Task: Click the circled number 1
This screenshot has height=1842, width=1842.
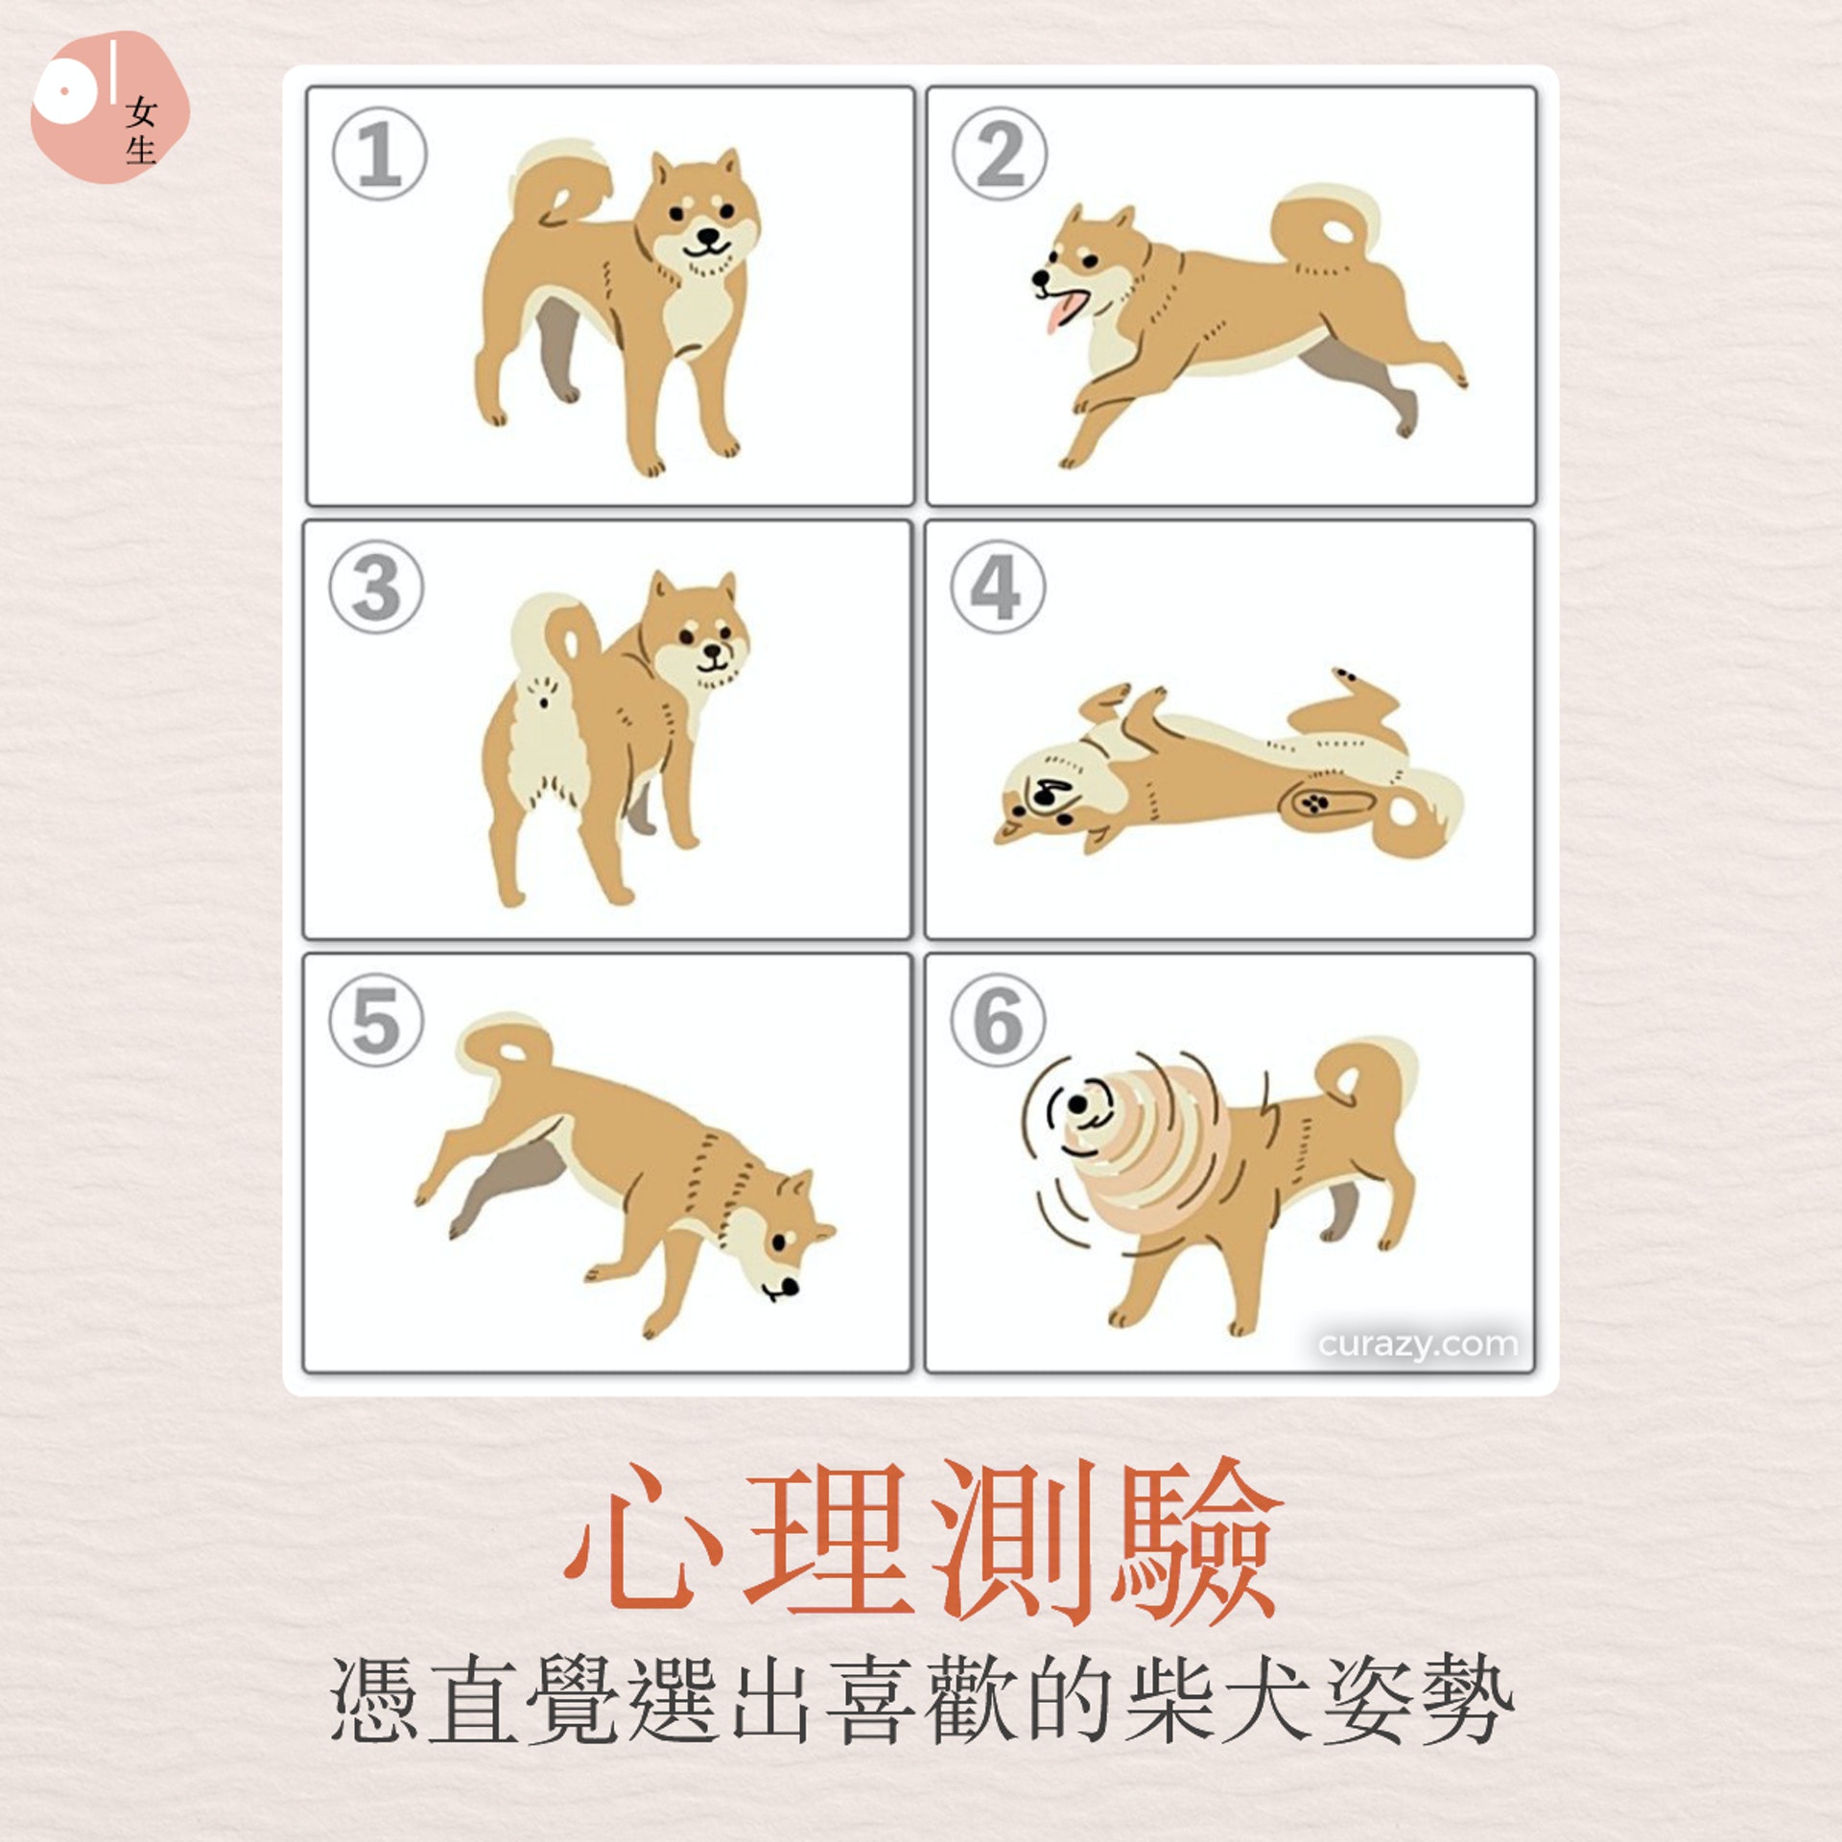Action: pyautogui.click(x=379, y=153)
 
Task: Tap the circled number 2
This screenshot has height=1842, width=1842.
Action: pyautogui.click(x=1000, y=153)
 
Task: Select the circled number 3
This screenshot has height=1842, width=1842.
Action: pyautogui.click(x=376, y=586)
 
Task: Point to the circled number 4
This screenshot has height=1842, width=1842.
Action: pyautogui.click(x=998, y=586)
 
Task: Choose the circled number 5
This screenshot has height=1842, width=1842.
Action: pyautogui.click(x=376, y=1020)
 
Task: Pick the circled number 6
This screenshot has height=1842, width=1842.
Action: pyautogui.click(x=998, y=1020)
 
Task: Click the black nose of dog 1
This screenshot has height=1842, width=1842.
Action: pyautogui.click(x=708, y=236)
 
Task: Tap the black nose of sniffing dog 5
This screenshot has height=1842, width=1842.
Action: pyautogui.click(x=789, y=1285)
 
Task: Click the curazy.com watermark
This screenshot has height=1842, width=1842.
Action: pyautogui.click(x=1418, y=1344)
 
